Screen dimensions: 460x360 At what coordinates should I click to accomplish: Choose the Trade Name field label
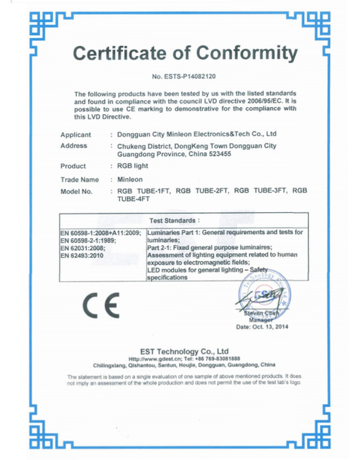(x=80, y=179)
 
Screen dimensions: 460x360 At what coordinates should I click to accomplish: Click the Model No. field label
(x=77, y=192)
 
